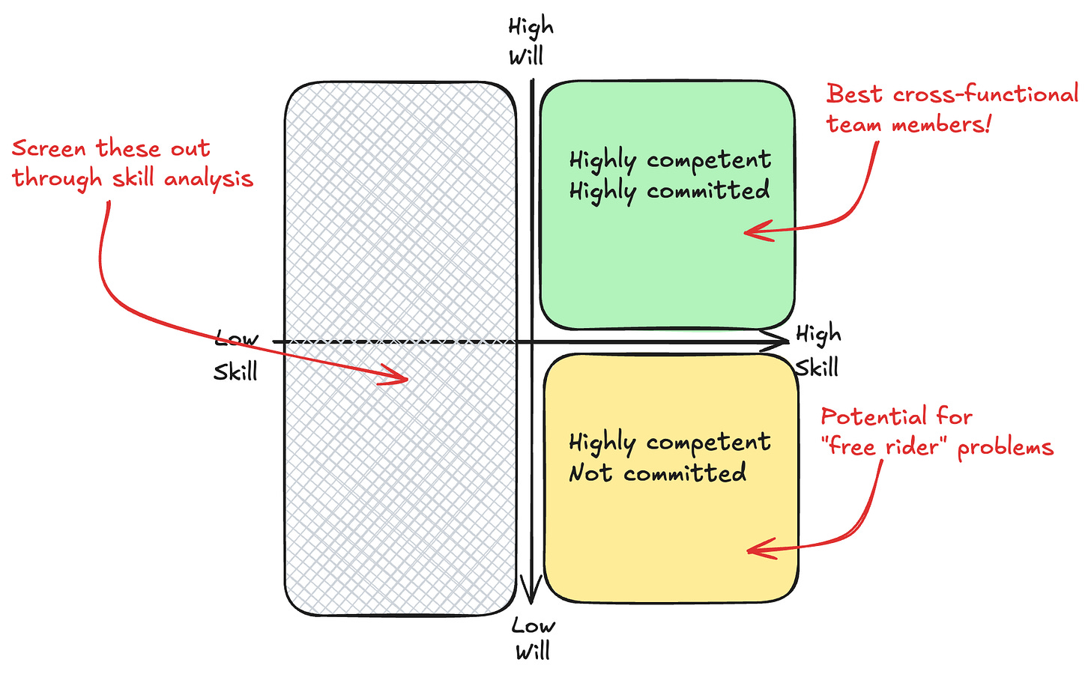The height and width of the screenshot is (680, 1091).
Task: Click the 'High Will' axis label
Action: click(531, 41)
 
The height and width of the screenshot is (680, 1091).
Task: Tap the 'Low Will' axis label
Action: click(533, 638)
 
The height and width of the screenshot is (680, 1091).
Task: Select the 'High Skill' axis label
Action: click(818, 350)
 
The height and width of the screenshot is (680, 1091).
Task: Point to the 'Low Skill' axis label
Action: click(236, 355)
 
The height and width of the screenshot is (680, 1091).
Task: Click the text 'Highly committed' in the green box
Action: click(669, 191)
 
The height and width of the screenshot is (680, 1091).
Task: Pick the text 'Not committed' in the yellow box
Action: click(657, 473)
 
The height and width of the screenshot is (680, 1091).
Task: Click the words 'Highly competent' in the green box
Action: click(670, 160)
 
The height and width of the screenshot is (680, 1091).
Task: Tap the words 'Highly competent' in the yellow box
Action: click(669, 442)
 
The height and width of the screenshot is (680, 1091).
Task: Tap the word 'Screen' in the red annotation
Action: click(49, 148)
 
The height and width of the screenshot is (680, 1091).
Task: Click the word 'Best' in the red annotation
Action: click(854, 94)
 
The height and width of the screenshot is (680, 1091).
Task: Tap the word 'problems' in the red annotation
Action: click(1006, 448)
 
